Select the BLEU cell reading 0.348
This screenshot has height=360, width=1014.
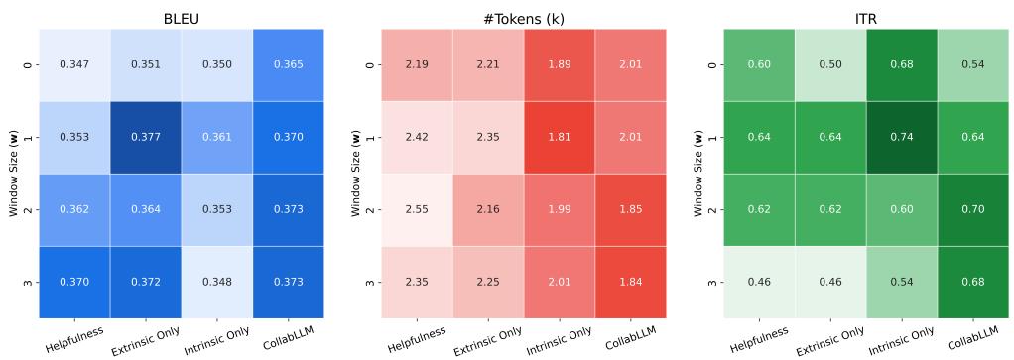pos(216,282)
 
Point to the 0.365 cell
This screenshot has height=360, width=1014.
pos(289,64)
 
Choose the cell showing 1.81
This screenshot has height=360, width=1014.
pos(559,137)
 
